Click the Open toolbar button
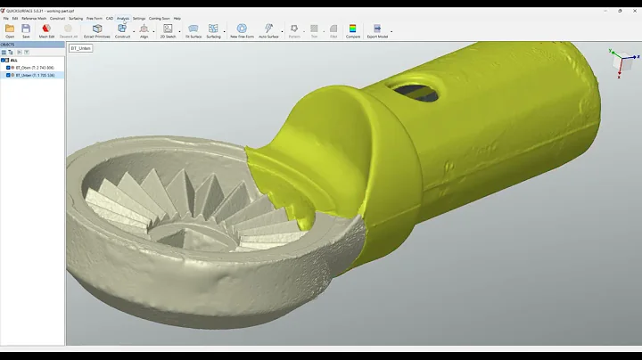pyautogui.click(x=10, y=30)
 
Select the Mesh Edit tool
pyautogui.click(x=46, y=30)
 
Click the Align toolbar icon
pyautogui.click(x=144, y=30)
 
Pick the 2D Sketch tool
pyautogui.click(x=168, y=30)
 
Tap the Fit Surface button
pyautogui.click(x=193, y=30)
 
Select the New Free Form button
pyautogui.click(x=242, y=30)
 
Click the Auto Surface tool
pyautogui.click(x=268, y=30)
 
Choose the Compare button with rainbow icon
pyautogui.click(x=352, y=30)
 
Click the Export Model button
pyautogui.click(x=377, y=30)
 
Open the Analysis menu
pyautogui.click(x=123, y=18)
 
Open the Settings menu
pyautogui.click(x=139, y=18)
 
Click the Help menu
pyautogui.click(x=177, y=18)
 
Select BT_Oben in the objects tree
pyautogui.click(x=34, y=67)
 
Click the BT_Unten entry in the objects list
pyautogui.click(x=34, y=75)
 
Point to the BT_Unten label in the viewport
pyautogui.click(x=81, y=48)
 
